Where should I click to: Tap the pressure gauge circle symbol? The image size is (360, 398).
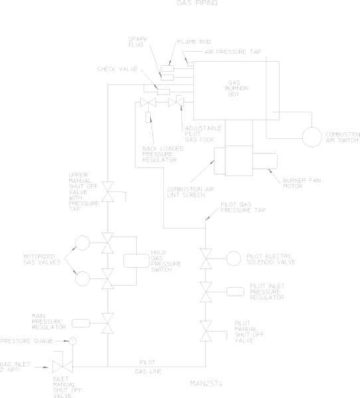[73, 341]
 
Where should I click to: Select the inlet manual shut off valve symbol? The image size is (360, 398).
[62, 367]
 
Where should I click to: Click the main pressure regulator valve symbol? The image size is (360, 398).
[108, 323]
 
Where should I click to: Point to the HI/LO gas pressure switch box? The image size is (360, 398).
[136, 260]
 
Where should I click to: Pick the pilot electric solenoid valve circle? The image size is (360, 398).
[233, 258]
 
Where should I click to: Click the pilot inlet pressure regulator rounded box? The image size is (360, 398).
[235, 292]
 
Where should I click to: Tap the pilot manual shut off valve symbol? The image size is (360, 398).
[206, 331]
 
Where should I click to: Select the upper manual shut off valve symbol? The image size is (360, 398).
[108, 191]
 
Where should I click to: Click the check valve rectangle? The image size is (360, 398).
[163, 92]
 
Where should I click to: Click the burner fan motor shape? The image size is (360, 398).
[265, 161]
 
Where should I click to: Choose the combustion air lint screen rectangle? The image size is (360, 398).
[220, 161]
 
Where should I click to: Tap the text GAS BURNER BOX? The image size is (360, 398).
[236, 88]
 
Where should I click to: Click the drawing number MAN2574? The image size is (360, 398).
[207, 383]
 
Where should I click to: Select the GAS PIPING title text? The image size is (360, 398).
[197, 3]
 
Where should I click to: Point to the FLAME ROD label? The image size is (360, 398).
[194, 42]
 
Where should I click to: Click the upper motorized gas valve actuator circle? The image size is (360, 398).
[82, 243]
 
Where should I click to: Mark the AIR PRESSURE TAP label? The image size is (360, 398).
[232, 52]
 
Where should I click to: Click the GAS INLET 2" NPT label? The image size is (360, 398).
[15, 367]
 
